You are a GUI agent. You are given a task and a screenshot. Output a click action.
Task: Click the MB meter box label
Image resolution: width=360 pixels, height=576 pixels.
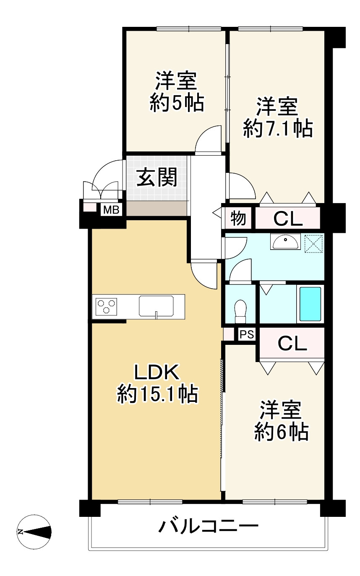[x=111, y=210]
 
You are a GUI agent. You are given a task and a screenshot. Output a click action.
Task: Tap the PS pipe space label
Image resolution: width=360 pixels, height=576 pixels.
[x=247, y=334]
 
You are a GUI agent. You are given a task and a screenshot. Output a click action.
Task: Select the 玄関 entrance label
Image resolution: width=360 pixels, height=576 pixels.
[x=157, y=177]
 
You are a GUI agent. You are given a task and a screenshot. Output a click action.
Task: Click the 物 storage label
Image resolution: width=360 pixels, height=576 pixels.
[x=238, y=218]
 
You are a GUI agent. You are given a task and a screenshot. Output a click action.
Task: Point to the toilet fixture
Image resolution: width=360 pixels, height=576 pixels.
[x=241, y=311]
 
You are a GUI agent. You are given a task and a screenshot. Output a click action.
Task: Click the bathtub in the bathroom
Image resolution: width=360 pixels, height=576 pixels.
[x=310, y=304]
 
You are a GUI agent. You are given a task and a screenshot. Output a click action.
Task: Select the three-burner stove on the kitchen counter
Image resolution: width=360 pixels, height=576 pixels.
[x=106, y=307]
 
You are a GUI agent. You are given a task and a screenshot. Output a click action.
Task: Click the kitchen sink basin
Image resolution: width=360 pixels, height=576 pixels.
[x=156, y=306]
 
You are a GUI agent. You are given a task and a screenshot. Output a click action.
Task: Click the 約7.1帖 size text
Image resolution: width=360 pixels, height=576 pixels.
[x=278, y=128]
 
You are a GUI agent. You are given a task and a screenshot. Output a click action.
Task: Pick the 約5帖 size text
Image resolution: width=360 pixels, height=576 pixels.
[x=177, y=103]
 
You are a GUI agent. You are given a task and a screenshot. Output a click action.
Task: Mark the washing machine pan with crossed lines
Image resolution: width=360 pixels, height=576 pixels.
[x=314, y=243]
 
